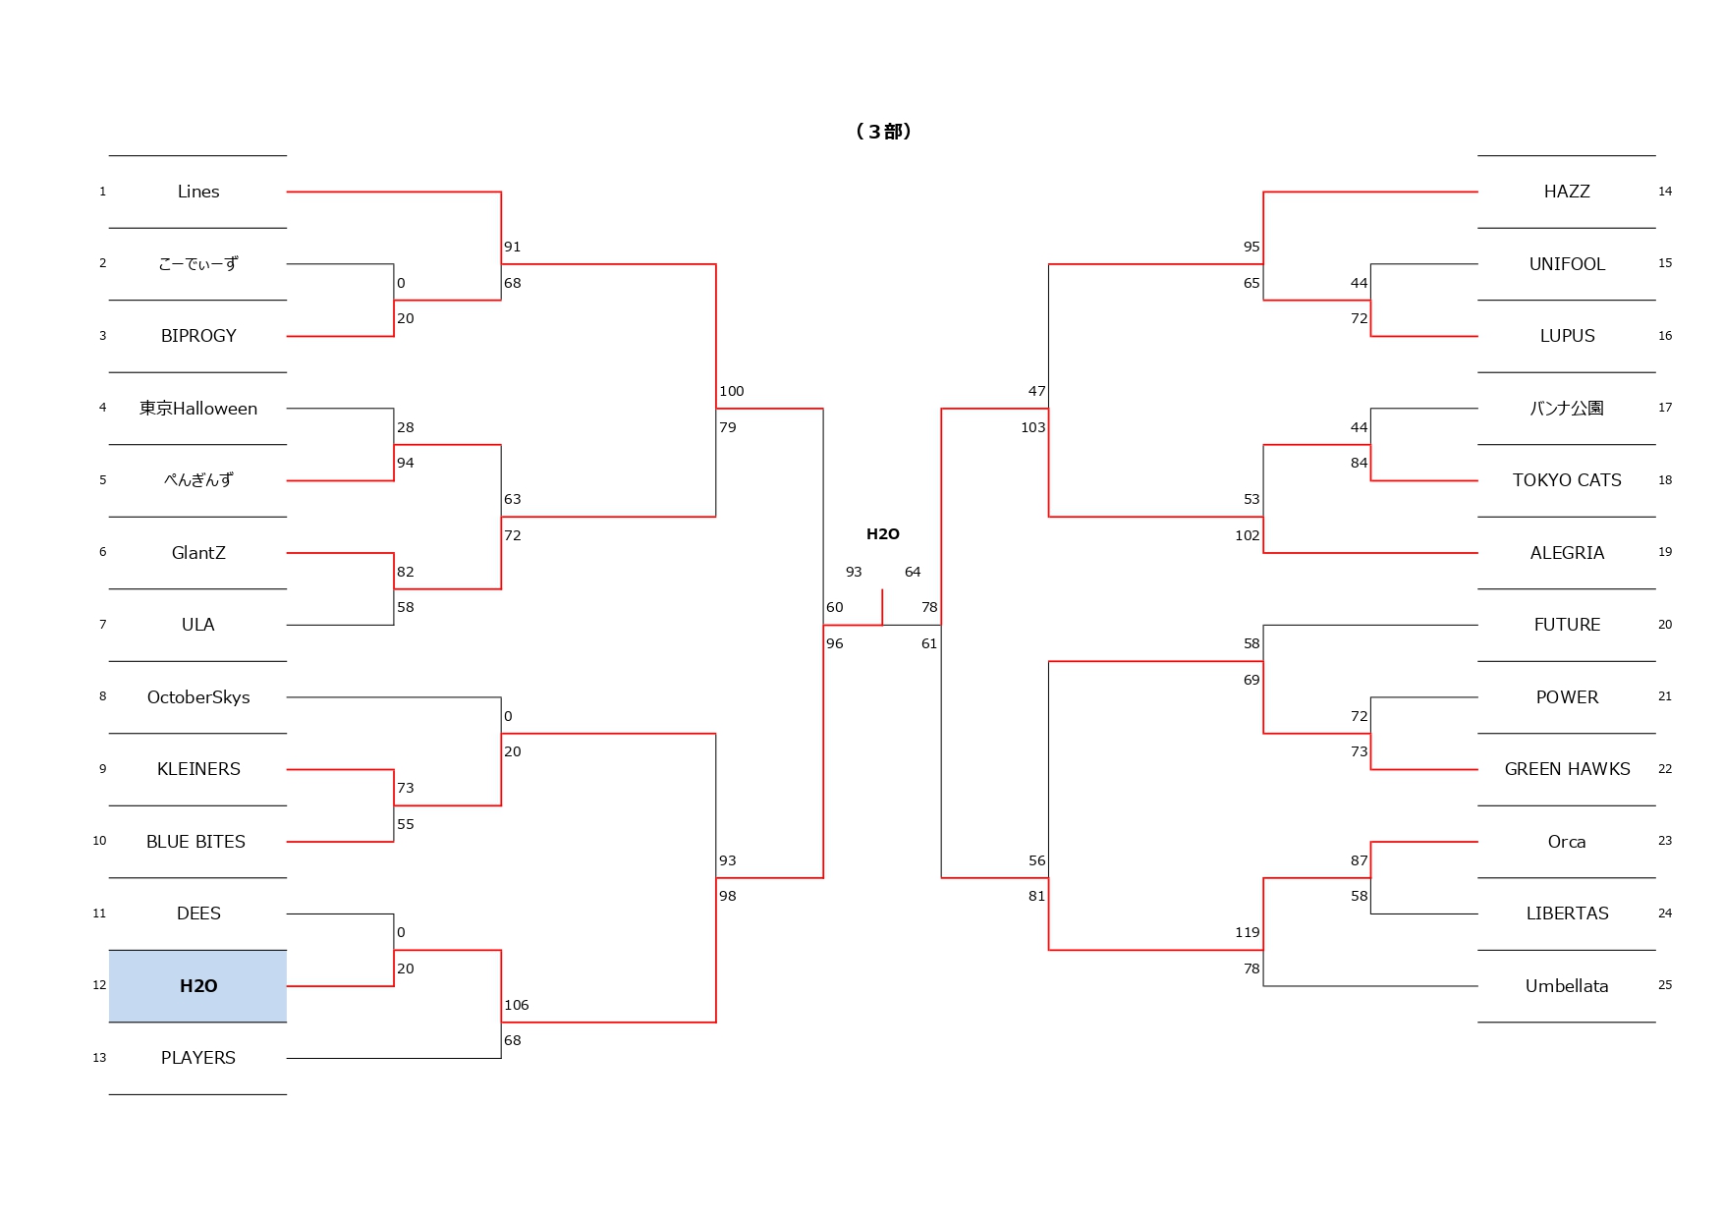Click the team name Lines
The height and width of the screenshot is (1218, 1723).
pyautogui.click(x=198, y=192)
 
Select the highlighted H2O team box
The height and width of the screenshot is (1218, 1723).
pyautogui.click(x=198, y=986)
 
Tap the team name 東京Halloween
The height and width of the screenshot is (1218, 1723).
pyautogui.click(x=198, y=409)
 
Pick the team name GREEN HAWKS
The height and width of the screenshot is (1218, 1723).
pyautogui.click(x=1567, y=769)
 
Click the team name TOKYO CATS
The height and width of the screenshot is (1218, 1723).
pyautogui.click(x=1567, y=480)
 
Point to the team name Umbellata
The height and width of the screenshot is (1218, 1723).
pyautogui.click(x=1567, y=986)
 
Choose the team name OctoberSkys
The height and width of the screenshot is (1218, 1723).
pyautogui.click(x=198, y=697)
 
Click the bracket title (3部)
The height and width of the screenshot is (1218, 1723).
pyautogui.click(x=883, y=132)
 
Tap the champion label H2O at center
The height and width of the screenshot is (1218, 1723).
pyautogui.click(x=882, y=534)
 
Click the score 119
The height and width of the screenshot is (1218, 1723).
pyautogui.click(x=1247, y=932)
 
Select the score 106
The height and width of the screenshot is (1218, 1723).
pyautogui.click(x=517, y=1005)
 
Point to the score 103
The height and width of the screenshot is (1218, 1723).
pyautogui.click(x=1032, y=427)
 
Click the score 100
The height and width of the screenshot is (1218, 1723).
pyautogui.click(x=732, y=391)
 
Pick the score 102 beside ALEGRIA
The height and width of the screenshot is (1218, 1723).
pyautogui.click(x=1247, y=535)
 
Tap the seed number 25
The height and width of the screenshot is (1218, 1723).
pyautogui.click(x=1665, y=985)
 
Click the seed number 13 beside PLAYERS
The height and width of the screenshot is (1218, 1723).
pyautogui.click(x=99, y=1058)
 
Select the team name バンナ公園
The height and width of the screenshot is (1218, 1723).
pyautogui.click(x=1567, y=409)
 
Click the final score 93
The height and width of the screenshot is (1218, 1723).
pyautogui.click(x=854, y=572)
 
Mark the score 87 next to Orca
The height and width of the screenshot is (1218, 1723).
pyautogui.click(x=1359, y=860)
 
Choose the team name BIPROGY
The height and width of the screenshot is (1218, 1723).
pyautogui.click(x=198, y=336)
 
